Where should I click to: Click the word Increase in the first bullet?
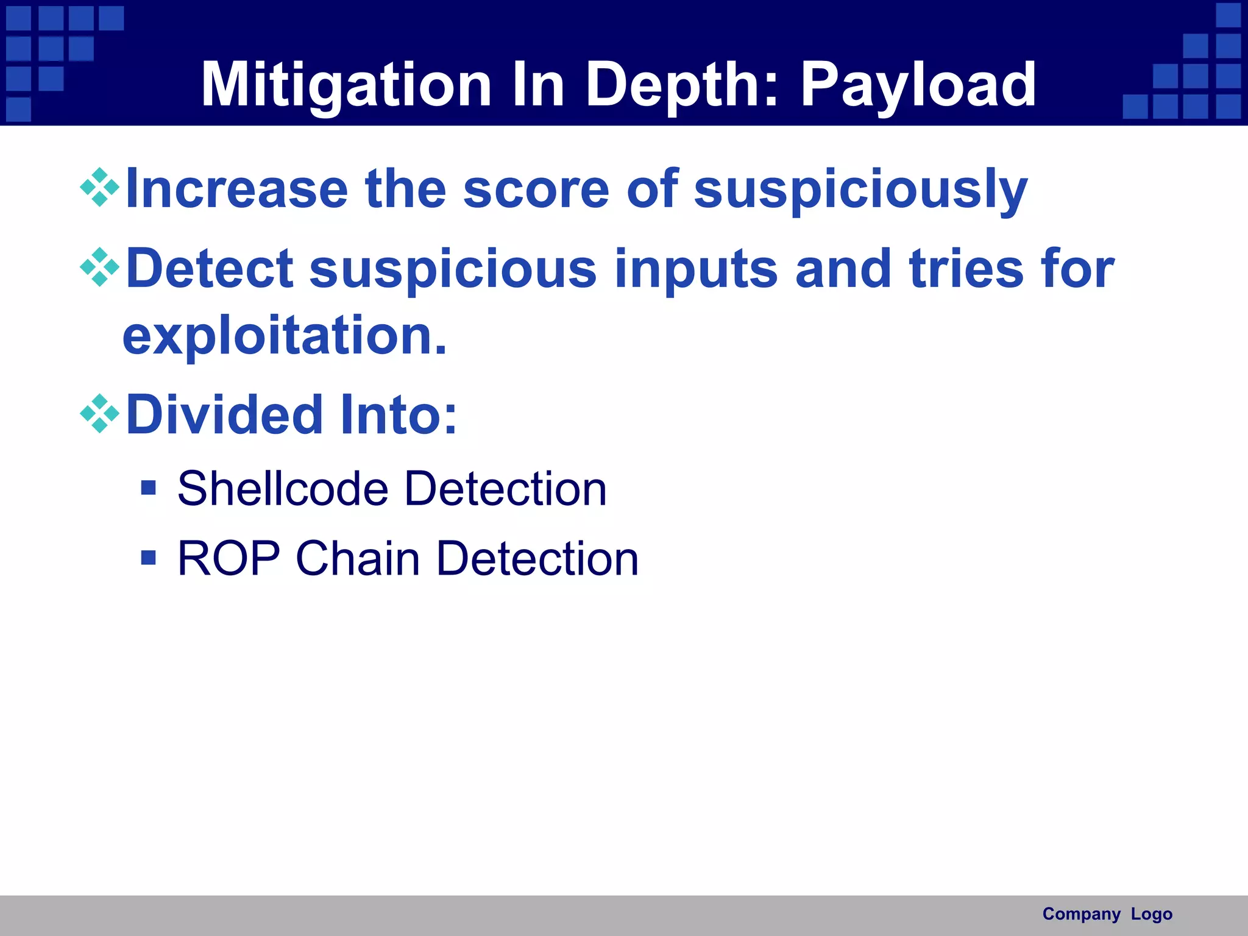(236, 189)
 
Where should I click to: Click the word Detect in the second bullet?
(209, 269)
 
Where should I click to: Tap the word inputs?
(696, 270)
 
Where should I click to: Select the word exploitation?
(285, 336)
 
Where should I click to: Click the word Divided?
(224, 415)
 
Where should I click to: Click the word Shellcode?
(283, 489)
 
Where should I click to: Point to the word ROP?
(229, 558)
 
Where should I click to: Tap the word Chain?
(358, 558)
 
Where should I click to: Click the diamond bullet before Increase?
(99, 187)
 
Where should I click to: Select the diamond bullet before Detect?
(99, 267)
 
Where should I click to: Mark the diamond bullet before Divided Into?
(99, 414)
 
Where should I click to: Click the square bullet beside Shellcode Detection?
(148, 487)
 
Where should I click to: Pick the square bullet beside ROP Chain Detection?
(148, 558)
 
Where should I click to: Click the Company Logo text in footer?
(1107, 914)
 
